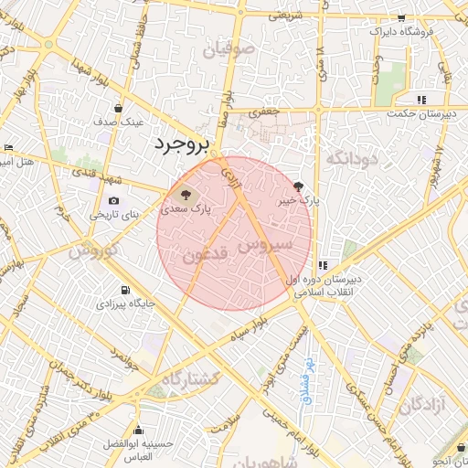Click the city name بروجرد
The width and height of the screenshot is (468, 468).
click(x=182, y=144)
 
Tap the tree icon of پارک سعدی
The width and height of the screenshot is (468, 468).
click(x=185, y=194)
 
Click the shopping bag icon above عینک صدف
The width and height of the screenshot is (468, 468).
click(x=119, y=109)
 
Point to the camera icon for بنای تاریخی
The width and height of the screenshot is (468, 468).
click(x=113, y=200)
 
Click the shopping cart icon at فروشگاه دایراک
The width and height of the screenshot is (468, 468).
click(x=400, y=18)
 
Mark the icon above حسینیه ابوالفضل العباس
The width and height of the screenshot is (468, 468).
click(x=139, y=430)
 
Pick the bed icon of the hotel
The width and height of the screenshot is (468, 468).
click(x=8, y=147)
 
